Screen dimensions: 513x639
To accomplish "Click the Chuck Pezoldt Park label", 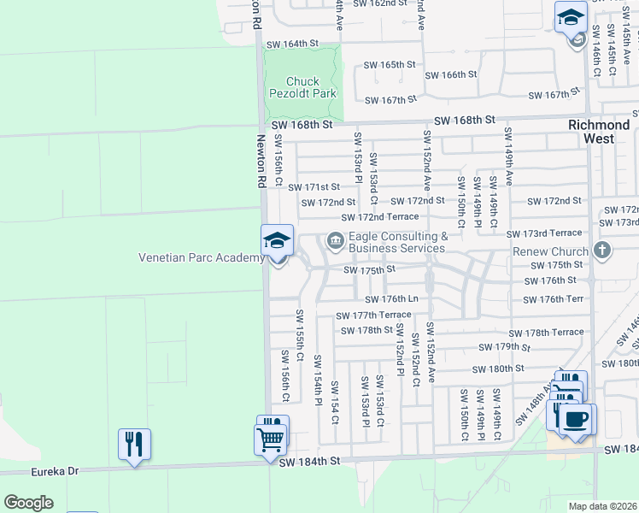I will point(302,85).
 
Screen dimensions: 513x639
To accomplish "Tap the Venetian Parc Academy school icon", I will point(277,241).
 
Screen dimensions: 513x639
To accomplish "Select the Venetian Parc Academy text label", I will point(201,258).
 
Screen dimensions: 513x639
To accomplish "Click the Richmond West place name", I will point(599,131).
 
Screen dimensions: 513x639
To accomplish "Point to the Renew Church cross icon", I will point(602,251).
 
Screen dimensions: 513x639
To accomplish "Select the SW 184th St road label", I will point(311,461).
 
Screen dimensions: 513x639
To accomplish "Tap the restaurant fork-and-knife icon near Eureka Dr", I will point(134,444).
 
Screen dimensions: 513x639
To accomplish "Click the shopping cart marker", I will point(270,440).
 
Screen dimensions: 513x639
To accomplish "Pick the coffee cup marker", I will point(577,419).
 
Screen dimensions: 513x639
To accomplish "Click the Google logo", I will point(28,503).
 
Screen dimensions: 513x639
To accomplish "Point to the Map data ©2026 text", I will point(603,506).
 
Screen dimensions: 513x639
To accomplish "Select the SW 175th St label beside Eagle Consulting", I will point(370,270).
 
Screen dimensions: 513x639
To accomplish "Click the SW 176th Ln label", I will point(391,299).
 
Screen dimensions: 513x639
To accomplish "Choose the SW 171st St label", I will point(314,186).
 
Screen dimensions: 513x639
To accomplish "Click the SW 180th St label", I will point(501,369).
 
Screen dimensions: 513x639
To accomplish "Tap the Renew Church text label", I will point(550,251).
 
